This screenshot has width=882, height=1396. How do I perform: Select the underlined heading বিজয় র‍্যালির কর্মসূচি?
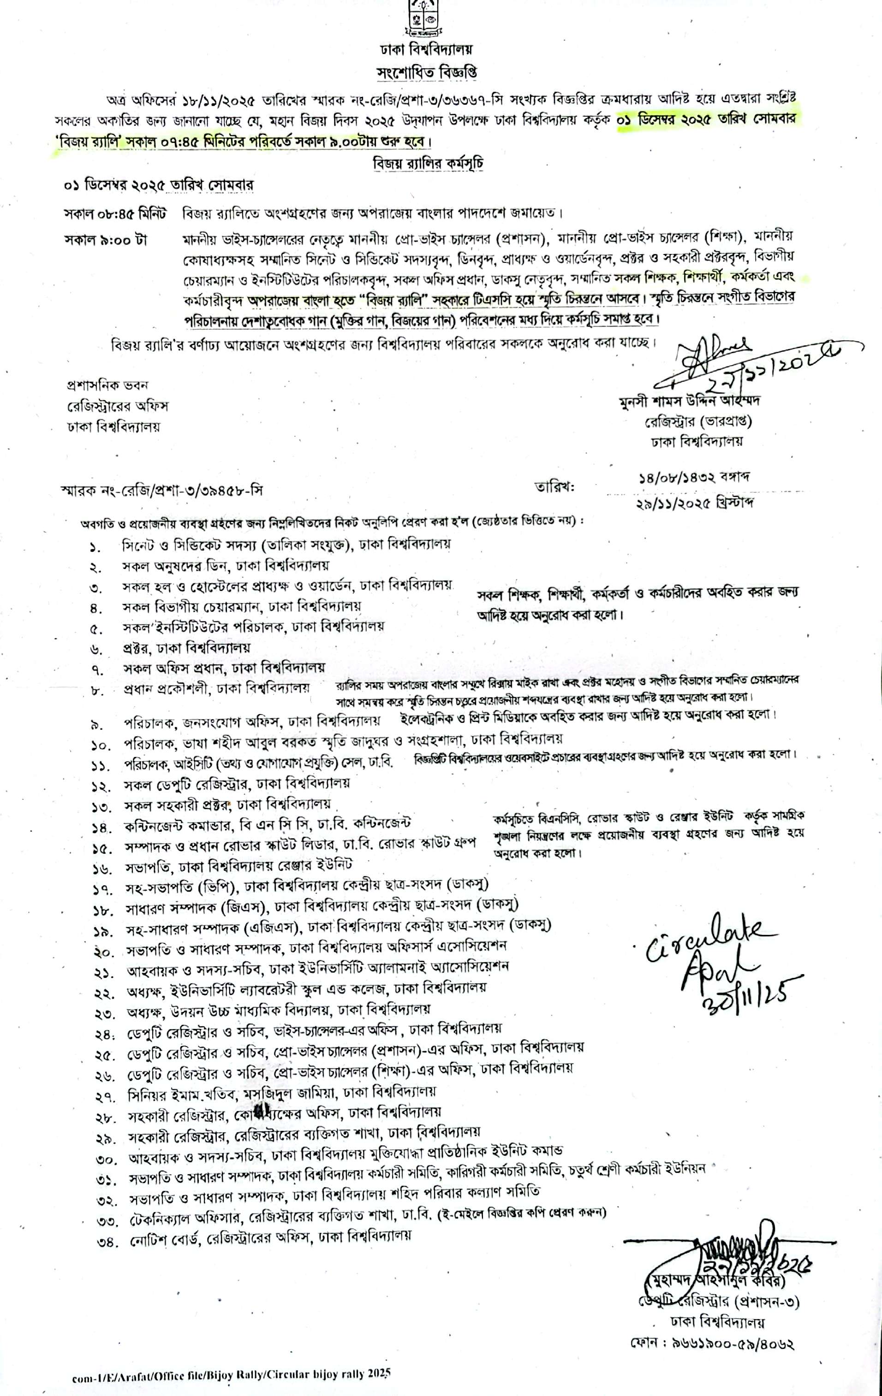tap(429, 164)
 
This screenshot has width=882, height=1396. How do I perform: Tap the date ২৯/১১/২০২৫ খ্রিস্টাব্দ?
tap(694, 503)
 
